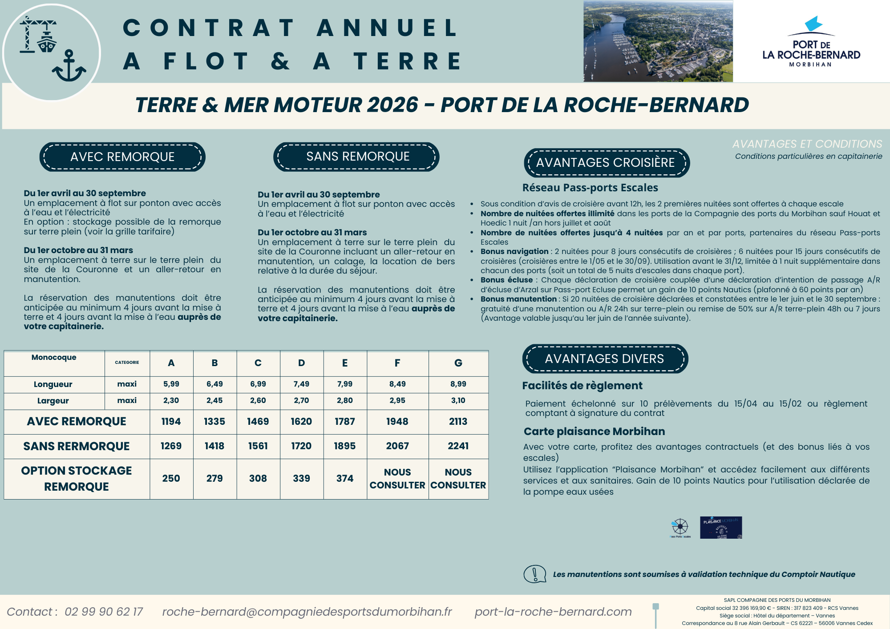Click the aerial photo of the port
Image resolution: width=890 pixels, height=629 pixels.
(658, 41)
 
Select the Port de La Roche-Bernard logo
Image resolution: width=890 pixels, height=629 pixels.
(811, 42)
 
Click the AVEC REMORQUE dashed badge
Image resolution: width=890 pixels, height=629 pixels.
(122, 157)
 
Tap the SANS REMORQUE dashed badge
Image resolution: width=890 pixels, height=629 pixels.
(356, 157)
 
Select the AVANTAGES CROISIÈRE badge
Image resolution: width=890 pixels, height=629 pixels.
(606, 163)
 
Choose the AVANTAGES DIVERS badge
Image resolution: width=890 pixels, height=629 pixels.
(605, 359)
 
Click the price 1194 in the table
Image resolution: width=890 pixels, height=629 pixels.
(171, 422)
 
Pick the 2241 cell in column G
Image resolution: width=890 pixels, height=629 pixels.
(458, 446)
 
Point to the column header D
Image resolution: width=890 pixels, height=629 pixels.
(301, 363)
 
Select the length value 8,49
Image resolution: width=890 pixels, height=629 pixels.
(397, 384)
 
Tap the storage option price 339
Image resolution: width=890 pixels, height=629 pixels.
(301, 479)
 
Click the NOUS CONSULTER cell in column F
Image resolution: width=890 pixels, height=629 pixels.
(397, 479)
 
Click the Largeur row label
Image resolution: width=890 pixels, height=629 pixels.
(53, 401)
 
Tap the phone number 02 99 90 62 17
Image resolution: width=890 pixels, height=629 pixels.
(104, 612)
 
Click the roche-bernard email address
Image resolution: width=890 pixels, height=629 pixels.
(307, 612)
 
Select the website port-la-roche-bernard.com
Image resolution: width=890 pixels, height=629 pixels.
(553, 612)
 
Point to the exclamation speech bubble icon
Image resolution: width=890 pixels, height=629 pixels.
(534, 574)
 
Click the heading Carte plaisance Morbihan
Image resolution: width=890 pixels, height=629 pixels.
(594, 431)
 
